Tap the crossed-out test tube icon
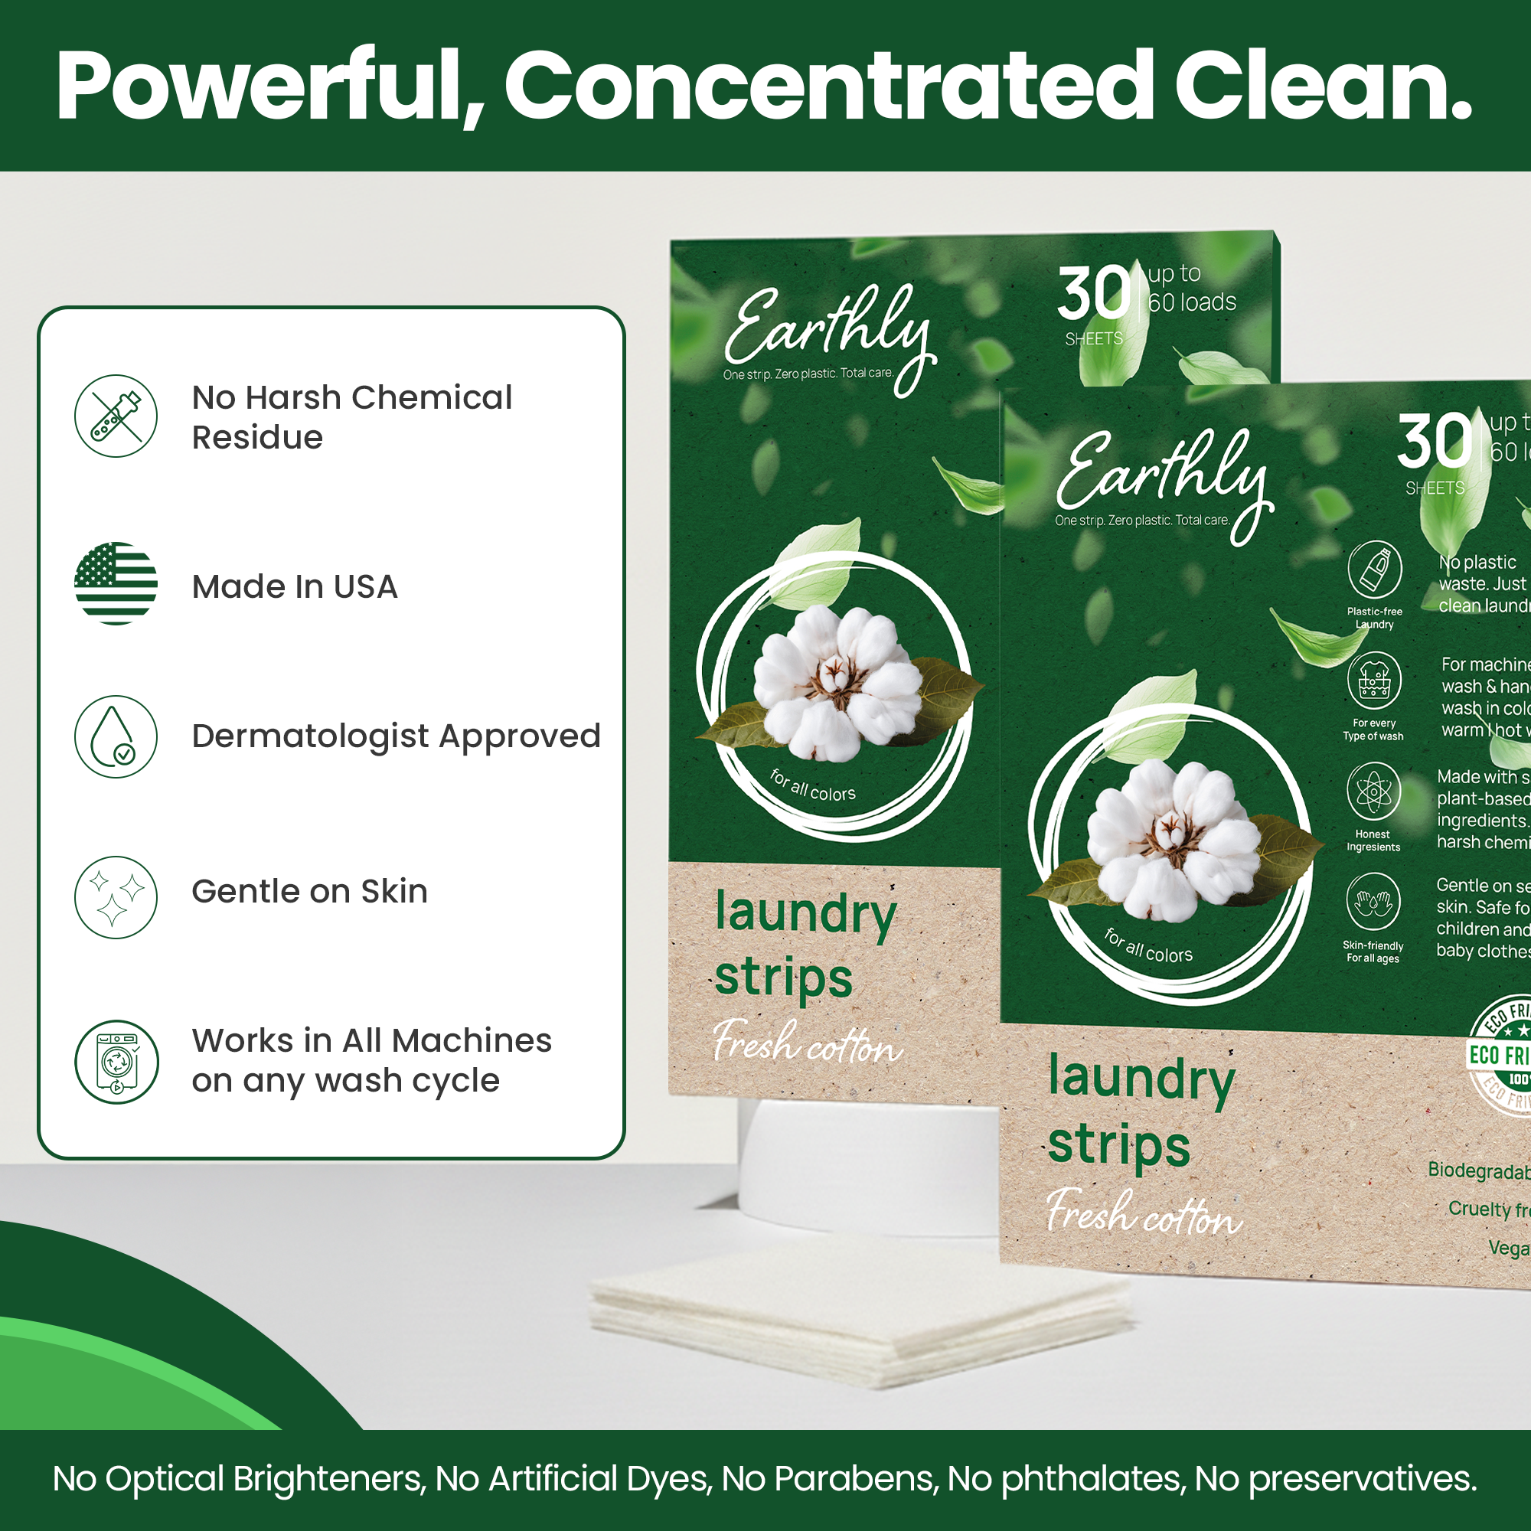click(116, 416)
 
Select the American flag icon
click(116, 583)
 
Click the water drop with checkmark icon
click(116, 736)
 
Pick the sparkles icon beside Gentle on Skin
click(116, 897)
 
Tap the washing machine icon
click(116, 1062)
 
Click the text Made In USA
click(294, 587)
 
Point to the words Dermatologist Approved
click(396, 736)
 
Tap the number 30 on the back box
click(1094, 293)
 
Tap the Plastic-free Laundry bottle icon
click(1374, 570)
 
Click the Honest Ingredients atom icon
click(1373, 791)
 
